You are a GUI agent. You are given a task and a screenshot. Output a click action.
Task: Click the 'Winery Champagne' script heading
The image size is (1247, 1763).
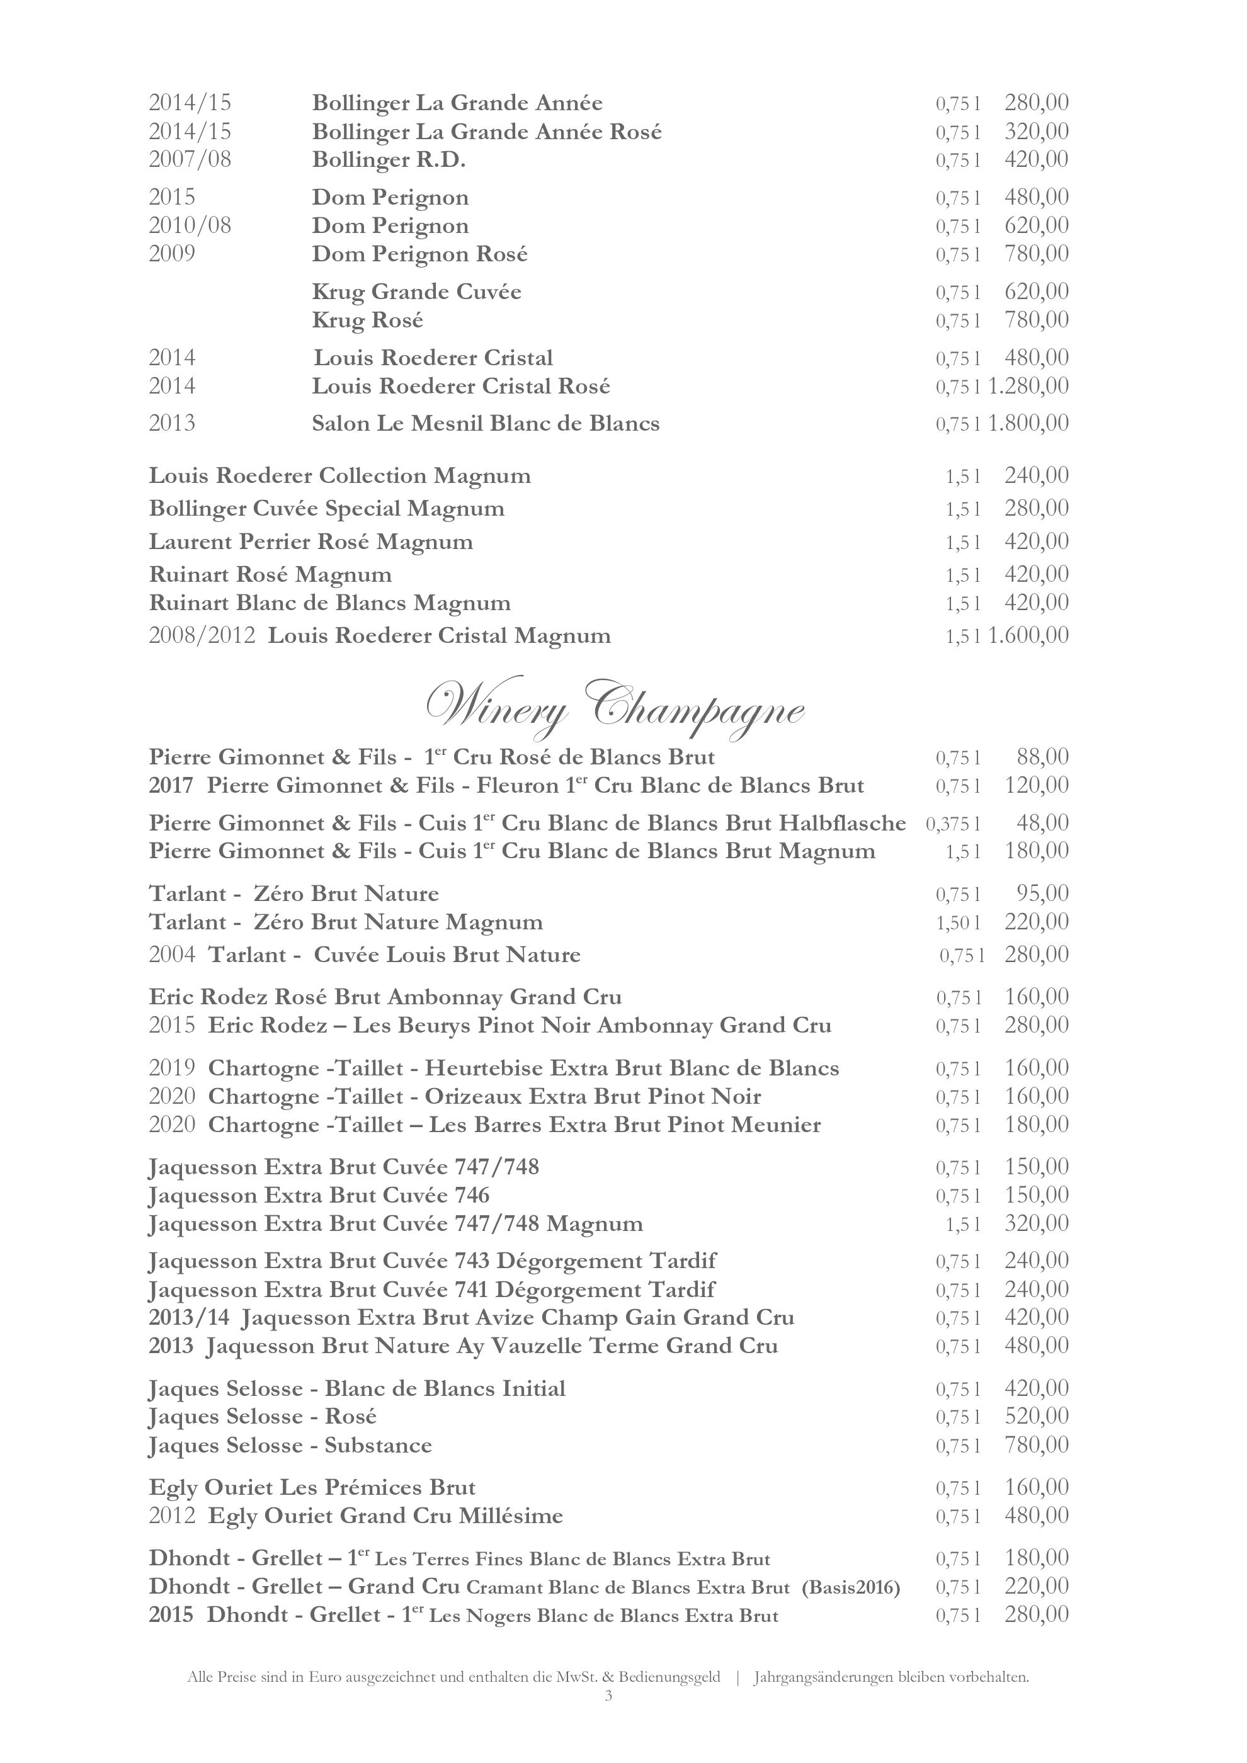pos(614,706)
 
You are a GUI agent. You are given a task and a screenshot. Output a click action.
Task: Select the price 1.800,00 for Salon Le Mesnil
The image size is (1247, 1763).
pos(1028,423)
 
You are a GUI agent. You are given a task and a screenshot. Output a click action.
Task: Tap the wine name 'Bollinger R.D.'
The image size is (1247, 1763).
pos(389,161)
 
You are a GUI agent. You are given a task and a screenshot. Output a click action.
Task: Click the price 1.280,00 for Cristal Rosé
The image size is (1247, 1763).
pos(1028,385)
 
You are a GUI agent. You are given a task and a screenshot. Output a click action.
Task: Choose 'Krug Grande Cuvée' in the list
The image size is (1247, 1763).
pos(416,292)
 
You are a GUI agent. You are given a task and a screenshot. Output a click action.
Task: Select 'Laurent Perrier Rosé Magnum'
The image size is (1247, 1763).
pos(310,542)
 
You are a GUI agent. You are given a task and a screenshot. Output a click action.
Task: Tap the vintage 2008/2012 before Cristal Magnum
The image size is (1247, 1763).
pos(201,636)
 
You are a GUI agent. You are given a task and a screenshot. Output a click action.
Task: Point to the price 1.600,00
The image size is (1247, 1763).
pos(1028,635)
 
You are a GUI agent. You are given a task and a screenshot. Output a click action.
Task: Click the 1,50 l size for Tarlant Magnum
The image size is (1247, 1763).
pos(957,922)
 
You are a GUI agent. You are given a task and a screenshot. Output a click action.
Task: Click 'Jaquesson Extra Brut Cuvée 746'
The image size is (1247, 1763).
pos(319,1196)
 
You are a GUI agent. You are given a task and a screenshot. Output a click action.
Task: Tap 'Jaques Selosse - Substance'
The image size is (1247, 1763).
pos(290,1446)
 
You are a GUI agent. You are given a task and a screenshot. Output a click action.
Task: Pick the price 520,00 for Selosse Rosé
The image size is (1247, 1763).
pos(1037,1417)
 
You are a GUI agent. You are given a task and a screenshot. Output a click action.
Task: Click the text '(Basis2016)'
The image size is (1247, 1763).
pos(850,1587)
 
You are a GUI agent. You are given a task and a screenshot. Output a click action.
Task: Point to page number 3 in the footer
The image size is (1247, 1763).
pos(608,1696)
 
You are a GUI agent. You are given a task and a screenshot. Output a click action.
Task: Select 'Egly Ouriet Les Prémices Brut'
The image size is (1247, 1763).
pos(312,1488)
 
